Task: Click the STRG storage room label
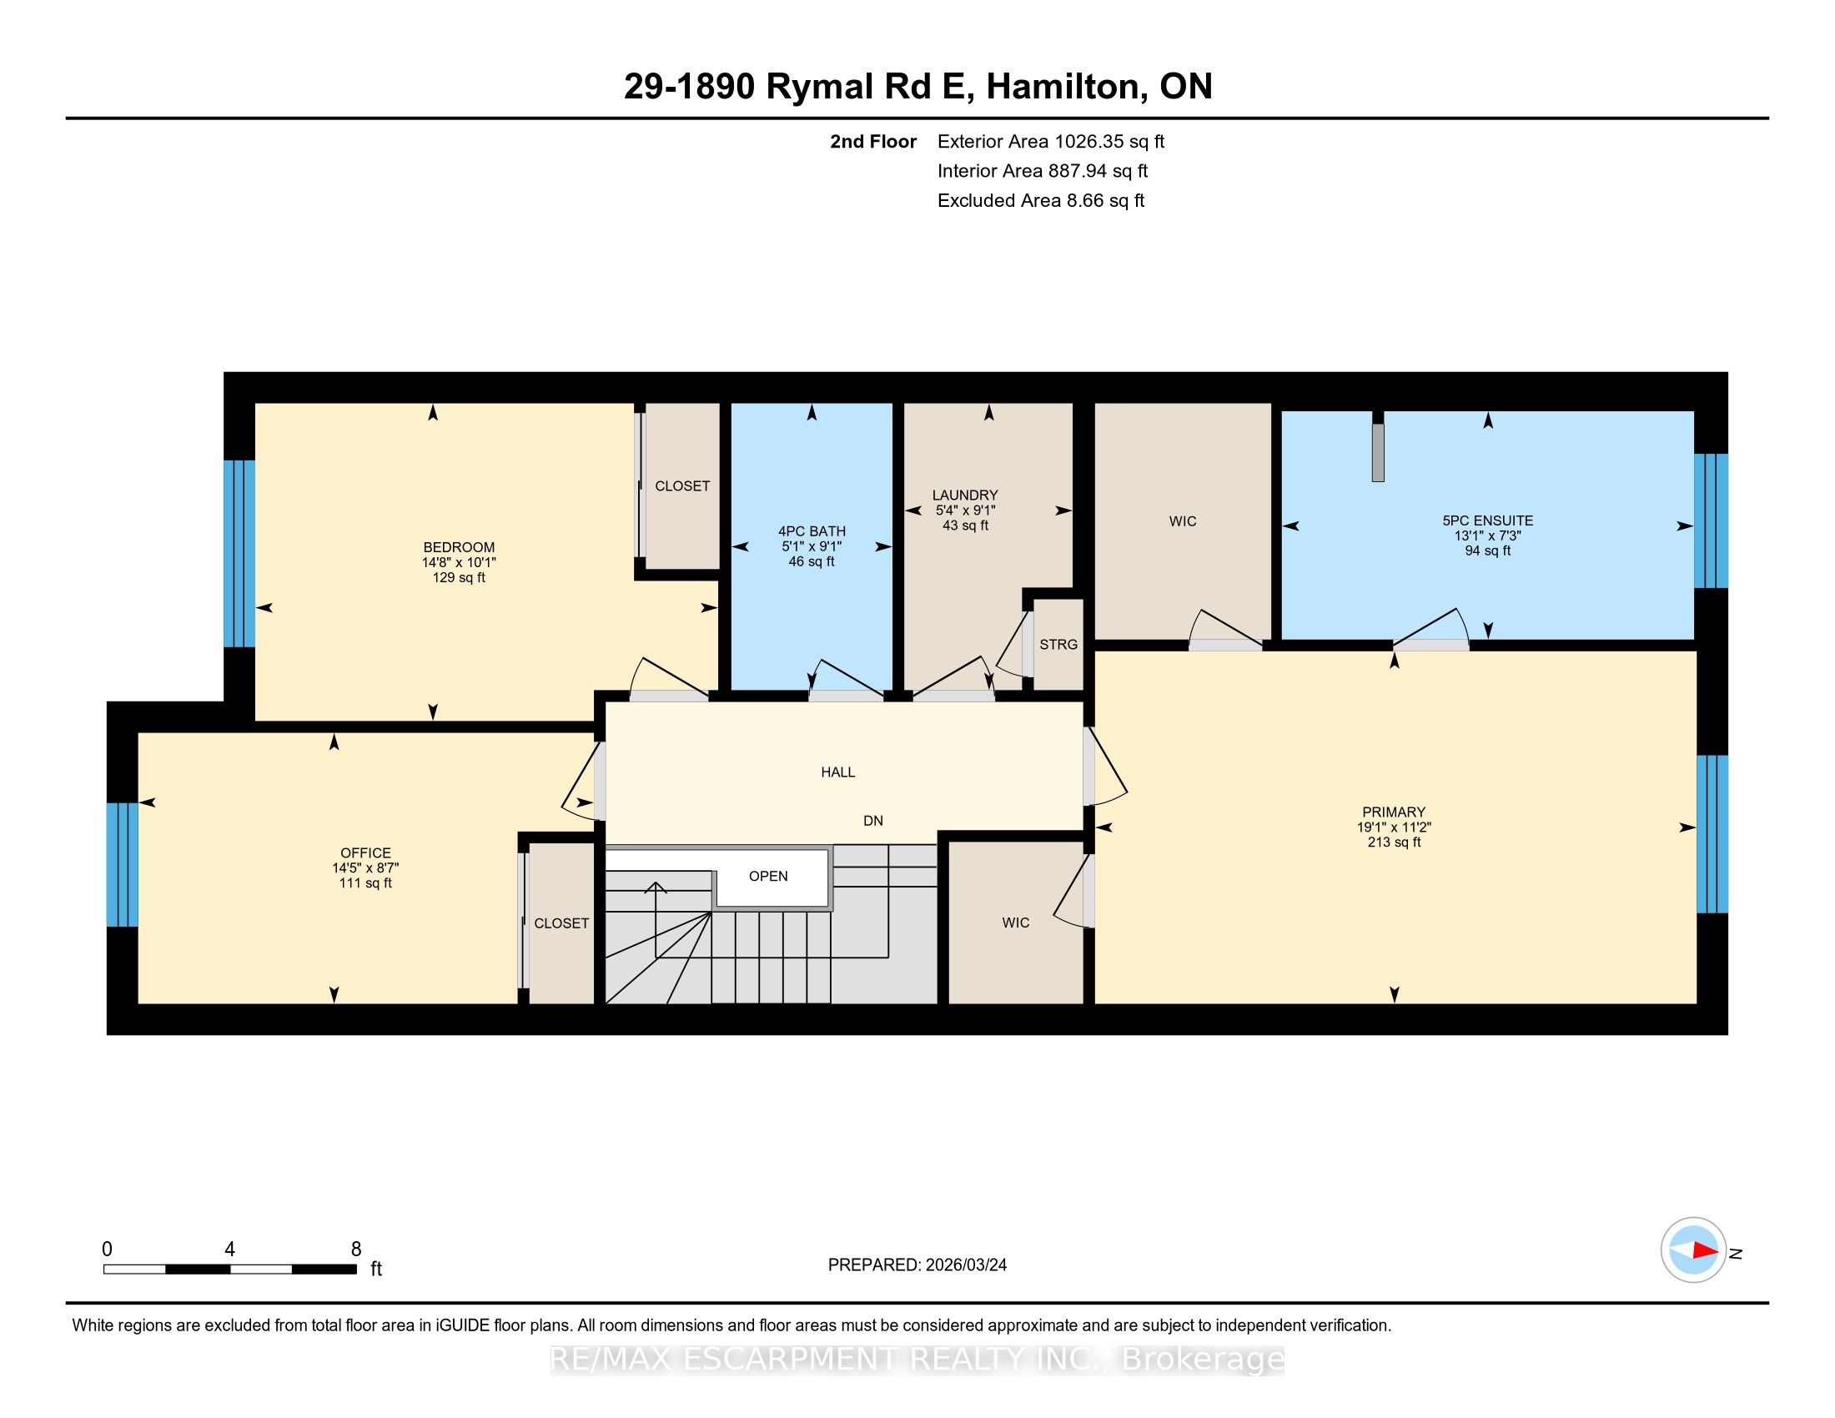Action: [1058, 644]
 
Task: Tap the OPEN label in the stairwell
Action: [768, 876]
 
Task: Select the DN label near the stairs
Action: [873, 821]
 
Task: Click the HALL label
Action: [837, 772]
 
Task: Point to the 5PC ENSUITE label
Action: [1487, 520]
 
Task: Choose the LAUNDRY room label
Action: [964, 495]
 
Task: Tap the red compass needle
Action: [1705, 1250]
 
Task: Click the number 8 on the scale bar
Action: [356, 1250]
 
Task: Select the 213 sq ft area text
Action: [1394, 842]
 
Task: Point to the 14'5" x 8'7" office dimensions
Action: [365, 867]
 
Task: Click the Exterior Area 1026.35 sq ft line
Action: [1051, 141]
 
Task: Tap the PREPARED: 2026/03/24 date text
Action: [917, 1265]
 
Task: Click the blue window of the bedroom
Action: [239, 554]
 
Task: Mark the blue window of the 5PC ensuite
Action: [1711, 520]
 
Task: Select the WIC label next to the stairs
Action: [1015, 923]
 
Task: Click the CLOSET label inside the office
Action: [561, 923]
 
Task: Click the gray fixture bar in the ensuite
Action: [1378, 452]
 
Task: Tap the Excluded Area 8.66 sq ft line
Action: [1041, 200]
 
